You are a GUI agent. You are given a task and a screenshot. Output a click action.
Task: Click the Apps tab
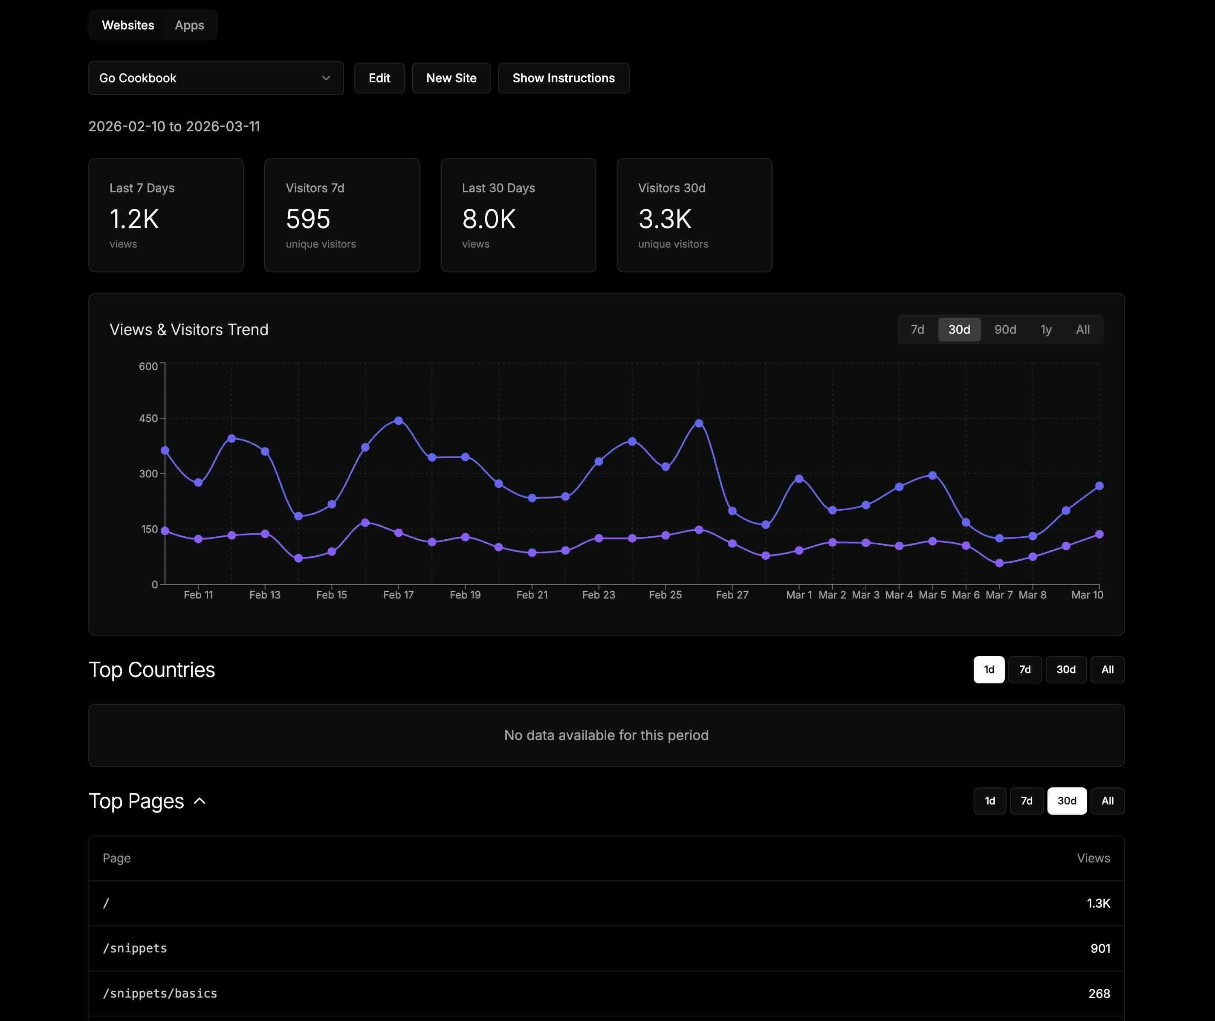click(x=189, y=26)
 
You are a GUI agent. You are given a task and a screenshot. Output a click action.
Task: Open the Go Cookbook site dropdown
click(x=215, y=78)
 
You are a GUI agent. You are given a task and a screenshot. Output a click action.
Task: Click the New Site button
click(x=451, y=78)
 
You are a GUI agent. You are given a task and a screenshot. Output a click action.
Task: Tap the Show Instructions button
click(x=563, y=78)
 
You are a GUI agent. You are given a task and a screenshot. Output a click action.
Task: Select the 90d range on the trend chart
click(x=1005, y=330)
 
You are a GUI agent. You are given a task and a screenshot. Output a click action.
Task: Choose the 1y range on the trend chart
click(x=1045, y=330)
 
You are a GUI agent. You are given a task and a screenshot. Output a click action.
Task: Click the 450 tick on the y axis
click(x=148, y=418)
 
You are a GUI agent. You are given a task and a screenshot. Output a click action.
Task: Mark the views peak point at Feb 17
click(x=398, y=421)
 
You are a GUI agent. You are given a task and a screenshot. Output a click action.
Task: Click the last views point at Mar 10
click(x=1099, y=486)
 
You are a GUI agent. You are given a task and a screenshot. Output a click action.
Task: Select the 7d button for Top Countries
click(x=1024, y=670)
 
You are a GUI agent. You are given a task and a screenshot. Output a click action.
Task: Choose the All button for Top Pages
click(x=1107, y=801)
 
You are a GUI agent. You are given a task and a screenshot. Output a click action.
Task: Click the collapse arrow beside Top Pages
click(x=200, y=801)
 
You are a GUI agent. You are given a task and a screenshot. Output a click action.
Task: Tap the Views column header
click(x=1093, y=858)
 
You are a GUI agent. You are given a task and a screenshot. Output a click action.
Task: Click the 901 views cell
click(x=1100, y=949)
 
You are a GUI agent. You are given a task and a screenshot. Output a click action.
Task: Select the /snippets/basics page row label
click(x=160, y=994)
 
